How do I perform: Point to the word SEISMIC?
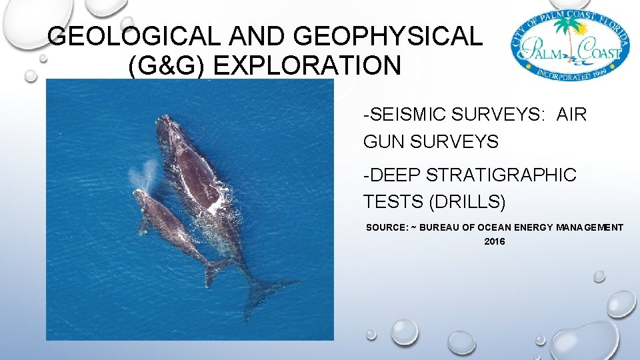click(405, 115)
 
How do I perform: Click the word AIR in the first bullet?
click(571, 115)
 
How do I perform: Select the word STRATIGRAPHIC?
click(500, 175)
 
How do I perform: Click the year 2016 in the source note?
click(495, 241)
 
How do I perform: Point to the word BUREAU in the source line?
click(440, 228)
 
